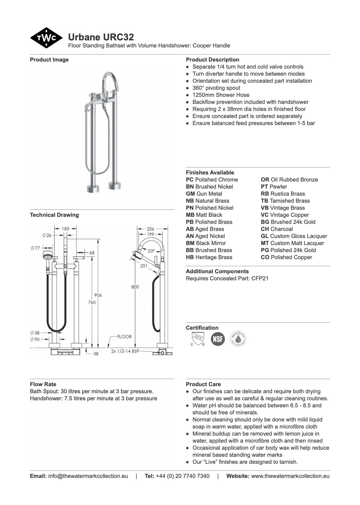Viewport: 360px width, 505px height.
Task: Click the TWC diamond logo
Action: [x=46, y=38]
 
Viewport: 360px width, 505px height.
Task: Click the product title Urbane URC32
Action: [x=101, y=37]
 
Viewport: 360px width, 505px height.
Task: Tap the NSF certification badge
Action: [x=217, y=338]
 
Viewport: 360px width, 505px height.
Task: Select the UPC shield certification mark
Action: [x=197, y=338]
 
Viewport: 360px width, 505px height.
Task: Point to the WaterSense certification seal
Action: [x=238, y=338]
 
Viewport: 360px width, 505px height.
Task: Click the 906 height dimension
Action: [x=98, y=295]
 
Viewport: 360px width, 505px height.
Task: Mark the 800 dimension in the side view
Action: [x=135, y=287]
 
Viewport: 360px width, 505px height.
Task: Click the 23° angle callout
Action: [x=151, y=251]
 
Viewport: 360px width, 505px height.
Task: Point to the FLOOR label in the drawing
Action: [x=124, y=336]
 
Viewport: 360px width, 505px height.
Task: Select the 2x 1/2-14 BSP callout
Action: [x=125, y=351]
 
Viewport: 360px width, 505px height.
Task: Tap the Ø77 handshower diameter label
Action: [x=36, y=248]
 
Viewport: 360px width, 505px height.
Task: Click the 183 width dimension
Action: [x=65, y=229]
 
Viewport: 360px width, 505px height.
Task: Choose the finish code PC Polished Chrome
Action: [x=212, y=180]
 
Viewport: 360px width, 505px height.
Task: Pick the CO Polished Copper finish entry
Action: [x=286, y=257]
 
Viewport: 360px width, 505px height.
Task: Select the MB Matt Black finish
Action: [x=204, y=215]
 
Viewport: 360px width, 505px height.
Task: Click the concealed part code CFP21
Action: [x=260, y=278]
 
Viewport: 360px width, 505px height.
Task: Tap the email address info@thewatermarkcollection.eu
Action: [x=88, y=476]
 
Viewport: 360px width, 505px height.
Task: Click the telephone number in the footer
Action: [x=182, y=476]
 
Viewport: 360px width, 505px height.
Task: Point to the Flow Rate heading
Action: [x=43, y=384]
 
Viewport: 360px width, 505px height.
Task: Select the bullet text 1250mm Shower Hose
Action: [x=221, y=95]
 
